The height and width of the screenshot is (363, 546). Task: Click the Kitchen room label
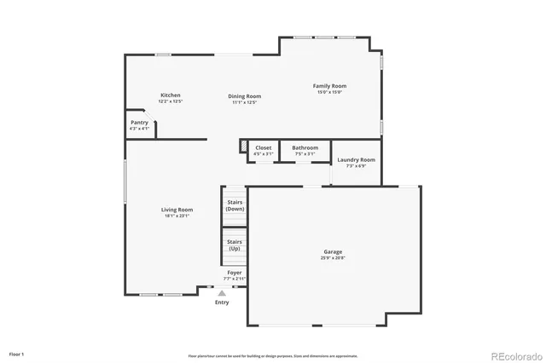(x=171, y=95)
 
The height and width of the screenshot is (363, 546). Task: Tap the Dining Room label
(x=244, y=96)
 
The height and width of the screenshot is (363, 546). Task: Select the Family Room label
(x=329, y=86)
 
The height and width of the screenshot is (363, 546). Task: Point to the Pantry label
(x=139, y=123)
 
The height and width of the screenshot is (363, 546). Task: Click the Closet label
(x=264, y=147)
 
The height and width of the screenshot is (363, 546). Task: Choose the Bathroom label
(x=305, y=147)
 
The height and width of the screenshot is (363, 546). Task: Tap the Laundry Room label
(x=356, y=159)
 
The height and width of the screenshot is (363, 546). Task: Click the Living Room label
(x=177, y=210)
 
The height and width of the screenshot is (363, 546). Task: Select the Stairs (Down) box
(x=235, y=205)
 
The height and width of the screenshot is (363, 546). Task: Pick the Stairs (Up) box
(x=235, y=245)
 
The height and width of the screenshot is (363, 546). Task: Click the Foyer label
(x=234, y=273)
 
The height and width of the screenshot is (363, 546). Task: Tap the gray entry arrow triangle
(x=222, y=293)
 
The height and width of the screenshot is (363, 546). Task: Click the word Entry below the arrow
(x=222, y=302)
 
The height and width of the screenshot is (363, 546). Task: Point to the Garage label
(x=333, y=251)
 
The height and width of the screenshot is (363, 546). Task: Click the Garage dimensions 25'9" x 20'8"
(x=333, y=257)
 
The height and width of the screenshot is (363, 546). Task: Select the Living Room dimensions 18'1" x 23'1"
(x=177, y=216)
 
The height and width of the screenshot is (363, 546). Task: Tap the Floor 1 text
(x=16, y=353)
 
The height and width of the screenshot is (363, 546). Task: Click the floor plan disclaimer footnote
(x=273, y=355)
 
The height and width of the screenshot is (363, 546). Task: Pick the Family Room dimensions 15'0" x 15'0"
(x=329, y=92)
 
